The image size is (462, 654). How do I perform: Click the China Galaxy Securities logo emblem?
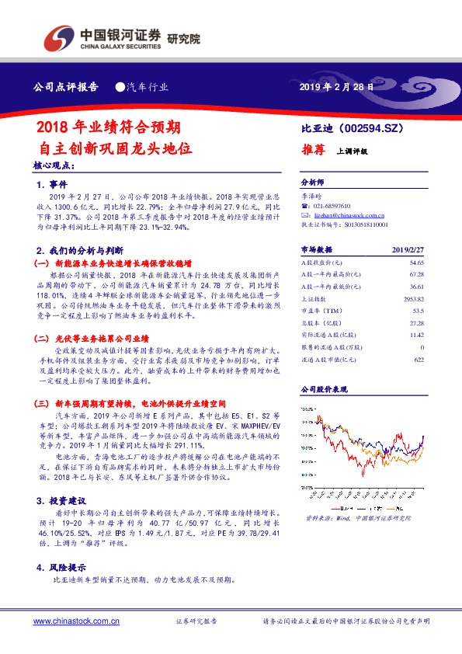pos(58,37)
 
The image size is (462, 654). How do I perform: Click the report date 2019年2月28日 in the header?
pos(336,87)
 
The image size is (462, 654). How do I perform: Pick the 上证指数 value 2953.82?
pos(412,298)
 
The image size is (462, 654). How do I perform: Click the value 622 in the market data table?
pos(419,358)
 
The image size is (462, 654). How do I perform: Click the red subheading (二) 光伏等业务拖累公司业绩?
pos(102,339)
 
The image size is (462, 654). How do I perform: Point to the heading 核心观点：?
pos(54,165)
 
